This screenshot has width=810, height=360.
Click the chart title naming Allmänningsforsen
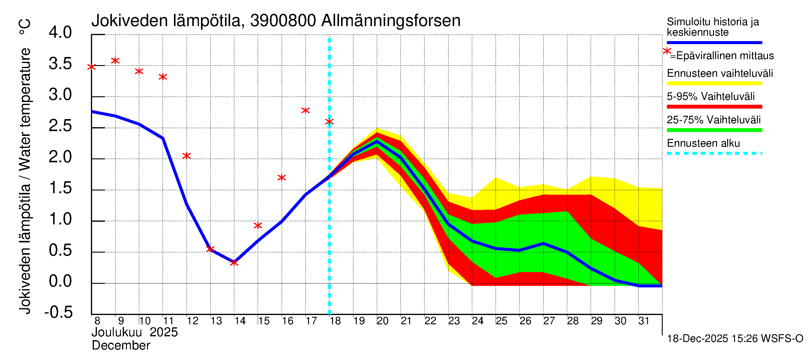[x=276, y=21]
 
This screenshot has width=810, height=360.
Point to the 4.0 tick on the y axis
[x=60, y=33]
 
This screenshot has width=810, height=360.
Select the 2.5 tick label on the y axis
[x=60, y=126]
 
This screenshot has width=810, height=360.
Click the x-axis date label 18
[x=335, y=321]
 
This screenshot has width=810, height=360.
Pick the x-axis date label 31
[x=644, y=321]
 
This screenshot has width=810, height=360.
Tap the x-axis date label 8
[x=97, y=321]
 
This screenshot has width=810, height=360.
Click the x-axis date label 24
[x=477, y=321]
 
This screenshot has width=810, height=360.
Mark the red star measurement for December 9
[x=115, y=61]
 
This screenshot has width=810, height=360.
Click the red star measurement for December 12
[x=187, y=156]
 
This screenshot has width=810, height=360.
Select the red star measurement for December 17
[x=305, y=110]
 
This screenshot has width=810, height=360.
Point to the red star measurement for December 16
[x=281, y=178]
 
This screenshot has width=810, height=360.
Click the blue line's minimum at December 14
[x=234, y=262]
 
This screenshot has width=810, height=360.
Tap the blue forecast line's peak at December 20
[x=377, y=141]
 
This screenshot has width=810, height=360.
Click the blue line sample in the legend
[x=714, y=42]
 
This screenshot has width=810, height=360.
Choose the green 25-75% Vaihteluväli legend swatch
[x=714, y=130]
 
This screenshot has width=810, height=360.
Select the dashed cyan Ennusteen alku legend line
[x=714, y=153]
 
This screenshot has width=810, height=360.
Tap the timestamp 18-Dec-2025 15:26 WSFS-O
[x=735, y=339]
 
